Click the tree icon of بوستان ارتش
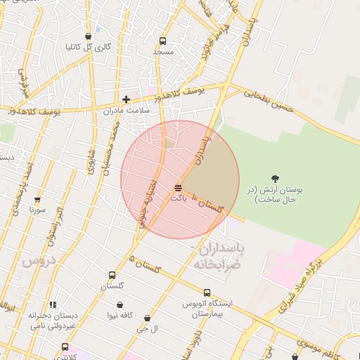pyautogui.click(x=274, y=178)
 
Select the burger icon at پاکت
pyautogui.click(x=177, y=188)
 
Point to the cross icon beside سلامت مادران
pyautogui.click(x=126, y=100)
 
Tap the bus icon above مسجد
pyautogui.click(x=163, y=41)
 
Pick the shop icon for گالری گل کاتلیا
pyautogui.click(x=88, y=36)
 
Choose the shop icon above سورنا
pyautogui.click(x=37, y=200)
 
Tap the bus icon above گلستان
pyautogui.click(x=112, y=275)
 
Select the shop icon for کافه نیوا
pyautogui.click(x=120, y=304)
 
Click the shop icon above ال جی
pyautogui.click(x=147, y=319)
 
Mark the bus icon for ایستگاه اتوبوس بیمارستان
pyautogui.click(x=207, y=292)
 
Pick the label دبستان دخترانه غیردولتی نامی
pyautogui.click(x=51, y=321)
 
